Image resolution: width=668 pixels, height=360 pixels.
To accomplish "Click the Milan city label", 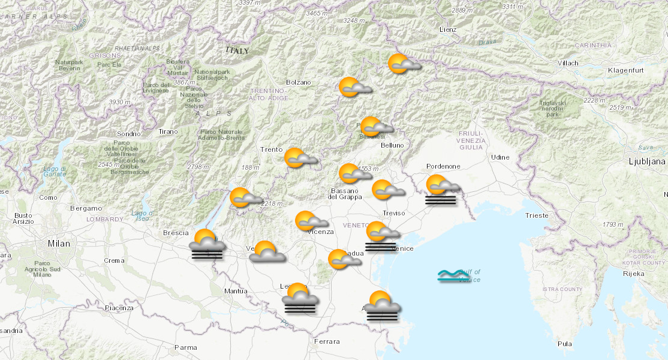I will [59, 244].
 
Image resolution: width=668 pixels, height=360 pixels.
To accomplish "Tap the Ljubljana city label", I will [647, 161].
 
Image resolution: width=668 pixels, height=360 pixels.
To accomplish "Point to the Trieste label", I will [536, 215].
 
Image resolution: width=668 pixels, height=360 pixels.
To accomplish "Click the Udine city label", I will [500, 157].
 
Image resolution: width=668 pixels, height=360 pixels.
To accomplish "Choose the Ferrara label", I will [326, 341].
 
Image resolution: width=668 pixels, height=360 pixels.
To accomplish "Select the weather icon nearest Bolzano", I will [354, 88].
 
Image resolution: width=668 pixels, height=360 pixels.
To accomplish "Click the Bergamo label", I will [86, 208].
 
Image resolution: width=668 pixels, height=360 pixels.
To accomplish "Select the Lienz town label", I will [448, 29].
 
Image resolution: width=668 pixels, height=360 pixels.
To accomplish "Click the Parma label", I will [185, 347].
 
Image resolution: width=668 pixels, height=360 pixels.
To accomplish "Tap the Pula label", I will [564, 344].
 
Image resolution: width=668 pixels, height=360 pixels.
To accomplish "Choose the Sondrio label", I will [129, 134].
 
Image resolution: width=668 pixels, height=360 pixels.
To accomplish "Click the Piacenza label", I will [119, 308].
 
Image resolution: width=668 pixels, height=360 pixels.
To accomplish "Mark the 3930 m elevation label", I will [120, 102].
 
